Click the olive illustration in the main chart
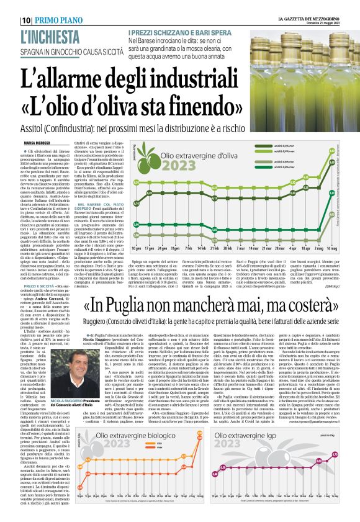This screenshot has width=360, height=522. pos(142,161)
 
